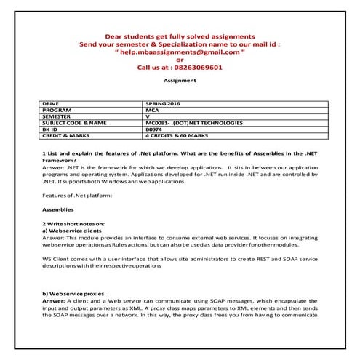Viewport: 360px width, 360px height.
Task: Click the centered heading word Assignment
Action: coord(180,81)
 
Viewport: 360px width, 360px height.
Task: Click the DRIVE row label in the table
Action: coord(52,104)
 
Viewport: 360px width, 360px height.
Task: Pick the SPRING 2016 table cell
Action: coord(164,104)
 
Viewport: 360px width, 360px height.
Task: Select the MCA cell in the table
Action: coord(153,110)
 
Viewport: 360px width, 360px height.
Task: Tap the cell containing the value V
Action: coord(148,116)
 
